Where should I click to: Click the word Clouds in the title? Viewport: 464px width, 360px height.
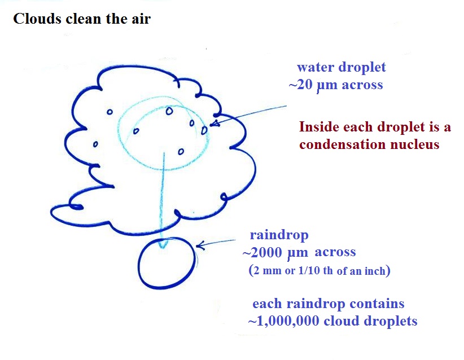pyautogui.click(x=37, y=19)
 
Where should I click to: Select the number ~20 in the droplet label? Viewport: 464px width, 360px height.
pyautogui.click(x=300, y=85)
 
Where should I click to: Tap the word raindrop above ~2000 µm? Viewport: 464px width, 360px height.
pyautogui.click(x=279, y=235)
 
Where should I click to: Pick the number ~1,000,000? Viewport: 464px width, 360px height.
pyautogui.click(x=284, y=321)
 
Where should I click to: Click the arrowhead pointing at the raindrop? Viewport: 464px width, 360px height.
pyautogui.click(x=200, y=245)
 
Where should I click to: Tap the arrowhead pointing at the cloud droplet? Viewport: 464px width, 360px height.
pyautogui.click(x=215, y=123)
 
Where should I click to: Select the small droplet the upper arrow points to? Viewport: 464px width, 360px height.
pyautogui.click(x=204, y=130)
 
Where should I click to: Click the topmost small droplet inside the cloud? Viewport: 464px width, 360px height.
pyautogui.click(x=169, y=111)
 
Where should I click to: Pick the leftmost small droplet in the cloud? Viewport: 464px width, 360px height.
pyautogui.click(x=95, y=144)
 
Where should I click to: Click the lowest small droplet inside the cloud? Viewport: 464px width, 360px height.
pyautogui.click(x=181, y=152)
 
